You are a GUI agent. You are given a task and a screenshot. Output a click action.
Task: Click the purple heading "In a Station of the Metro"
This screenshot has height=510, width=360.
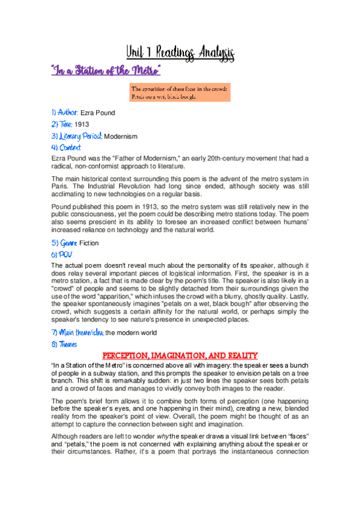tap(106, 72)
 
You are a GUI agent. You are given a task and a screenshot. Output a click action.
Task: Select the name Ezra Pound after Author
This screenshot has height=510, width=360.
tap(97, 112)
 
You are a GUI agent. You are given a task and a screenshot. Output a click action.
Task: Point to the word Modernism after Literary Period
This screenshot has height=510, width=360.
tap(121, 137)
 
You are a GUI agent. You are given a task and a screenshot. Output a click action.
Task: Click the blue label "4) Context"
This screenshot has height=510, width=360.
tap(66, 147)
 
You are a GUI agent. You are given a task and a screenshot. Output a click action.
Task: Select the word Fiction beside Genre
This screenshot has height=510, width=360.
tap(89, 243)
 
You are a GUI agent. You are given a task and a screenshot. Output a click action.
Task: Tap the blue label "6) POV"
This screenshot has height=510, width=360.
tap(61, 254)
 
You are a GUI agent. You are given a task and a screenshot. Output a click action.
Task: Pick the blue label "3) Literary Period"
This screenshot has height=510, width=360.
tap(76, 137)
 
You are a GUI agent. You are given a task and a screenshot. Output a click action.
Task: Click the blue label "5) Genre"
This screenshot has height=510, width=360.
tap(64, 243)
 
